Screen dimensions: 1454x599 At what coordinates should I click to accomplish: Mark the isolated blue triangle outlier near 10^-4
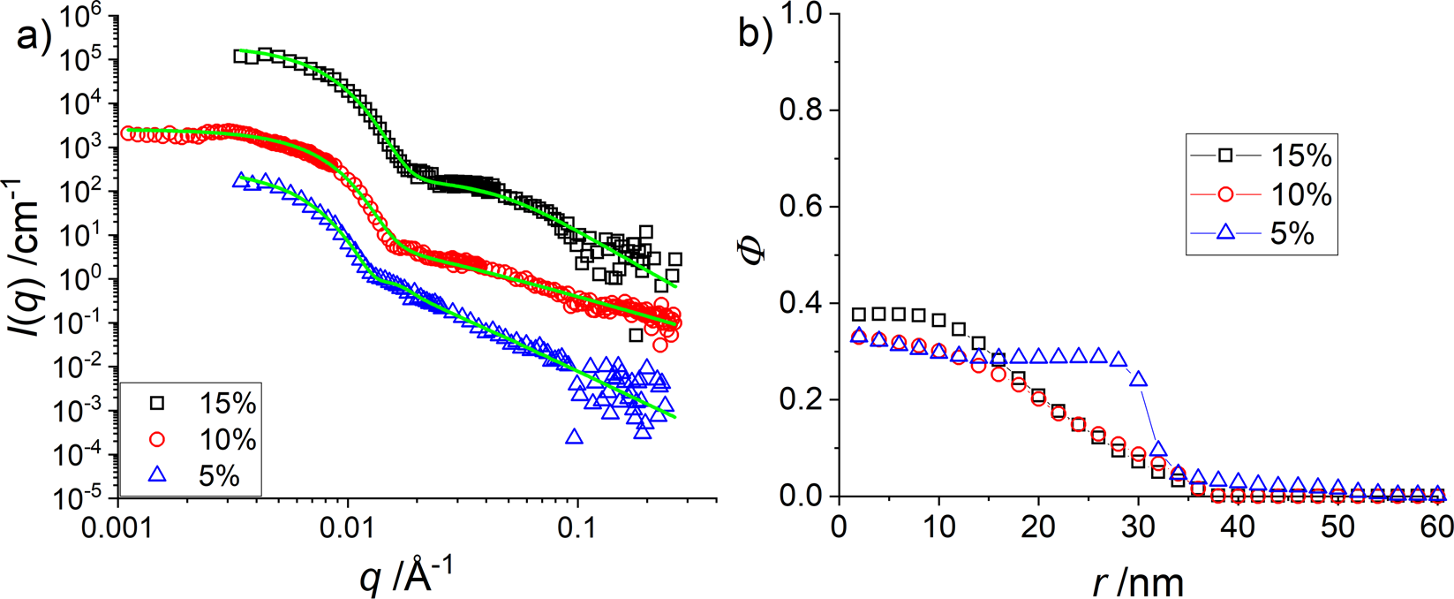click(x=574, y=436)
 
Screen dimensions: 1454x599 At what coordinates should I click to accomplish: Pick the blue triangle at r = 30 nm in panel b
click(x=1139, y=378)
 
